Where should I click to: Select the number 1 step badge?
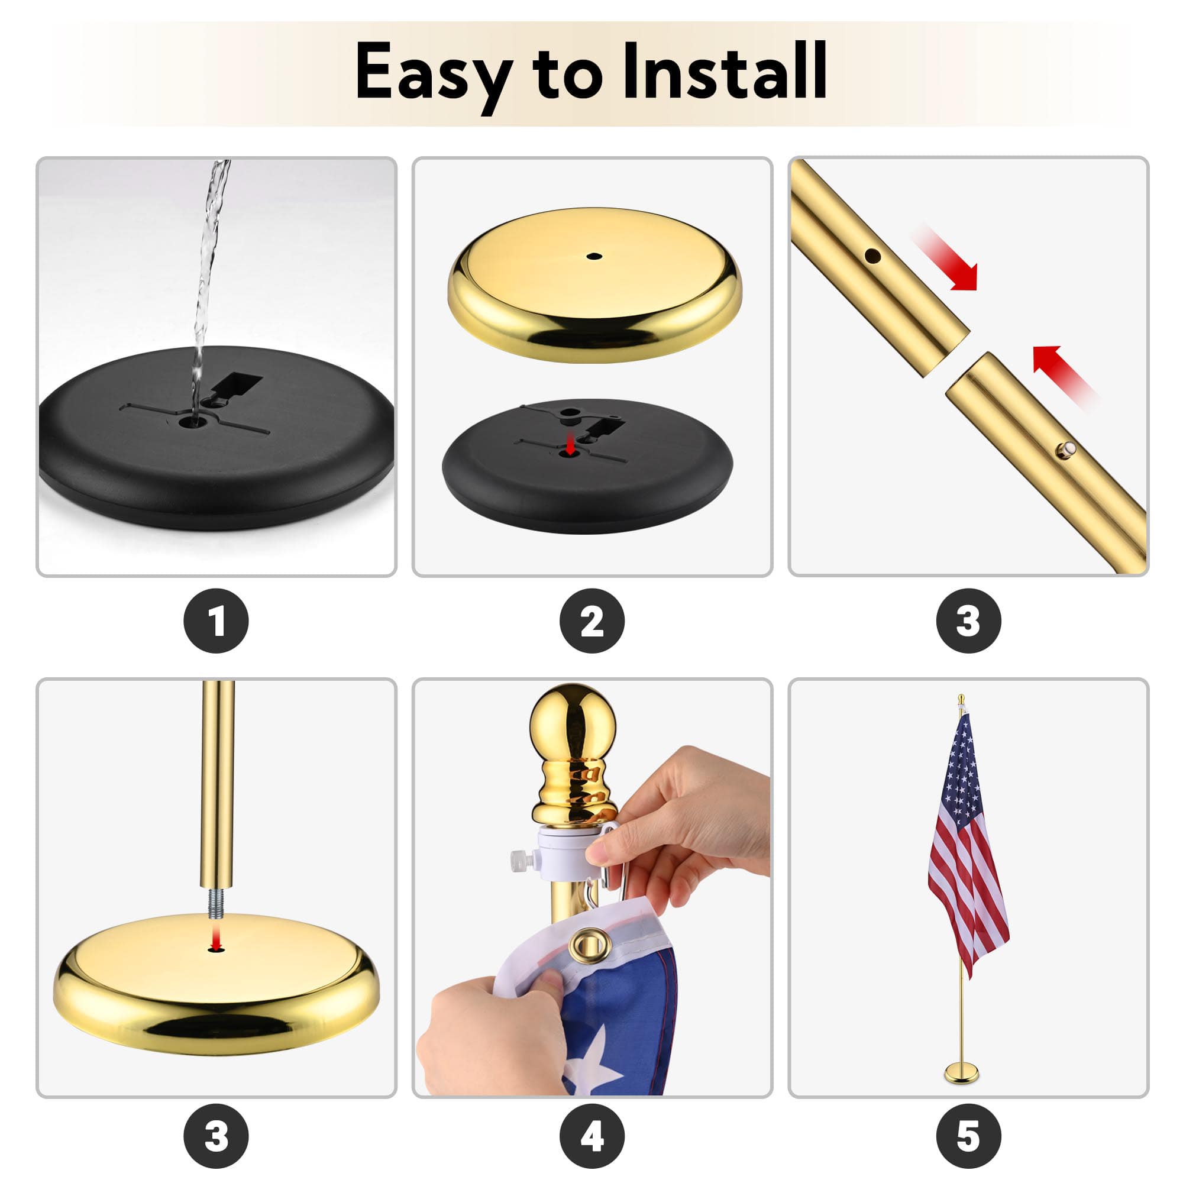tap(216, 621)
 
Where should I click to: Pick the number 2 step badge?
tap(592, 621)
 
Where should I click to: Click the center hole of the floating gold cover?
tap(592, 256)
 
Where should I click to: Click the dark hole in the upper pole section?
tap(872, 256)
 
